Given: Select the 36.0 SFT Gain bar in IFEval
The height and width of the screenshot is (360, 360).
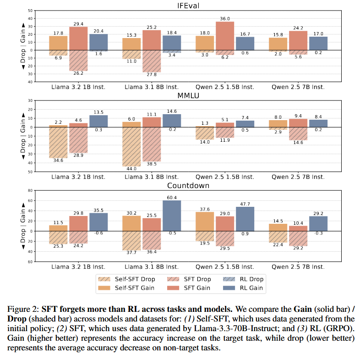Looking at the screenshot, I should [x=224, y=36].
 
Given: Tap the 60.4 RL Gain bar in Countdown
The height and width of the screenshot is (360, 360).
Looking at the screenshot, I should [x=172, y=216].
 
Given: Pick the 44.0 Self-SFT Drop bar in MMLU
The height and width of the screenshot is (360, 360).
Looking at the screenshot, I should [x=131, y=147].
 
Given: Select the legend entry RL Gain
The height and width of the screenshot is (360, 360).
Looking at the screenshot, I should [x=250, y=288].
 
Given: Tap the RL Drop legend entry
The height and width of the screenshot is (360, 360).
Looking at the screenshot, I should [x=250, y=279].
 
